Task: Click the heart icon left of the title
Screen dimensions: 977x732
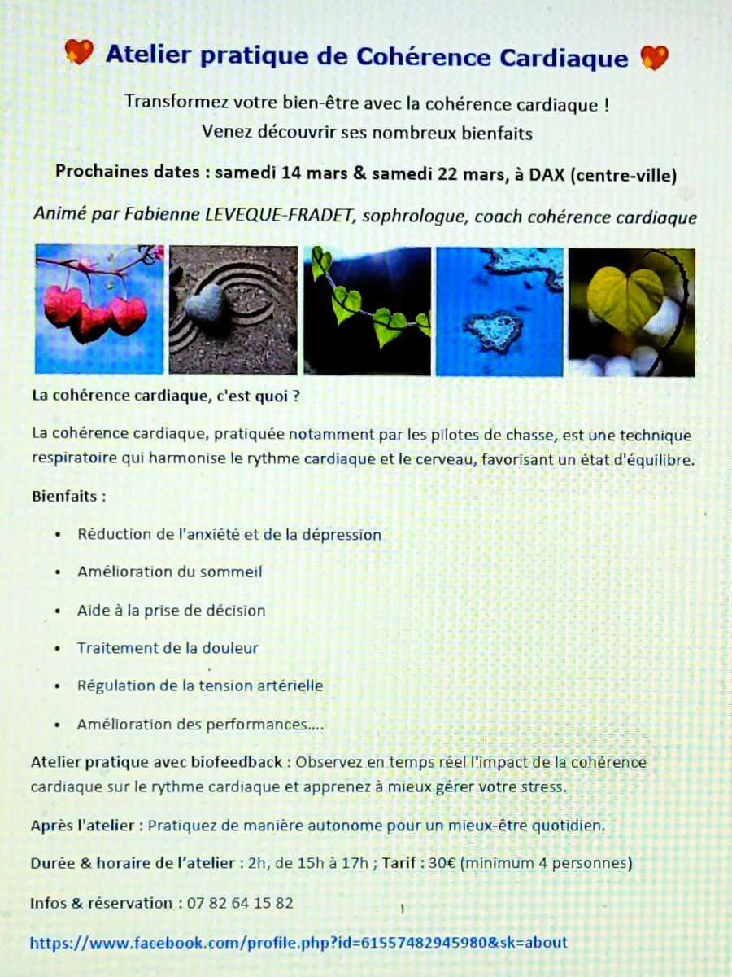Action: (79, 53)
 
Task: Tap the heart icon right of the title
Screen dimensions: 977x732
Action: (654, 57)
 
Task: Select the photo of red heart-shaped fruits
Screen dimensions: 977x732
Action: (99, 309)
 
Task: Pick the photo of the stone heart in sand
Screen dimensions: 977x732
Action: (233, 309)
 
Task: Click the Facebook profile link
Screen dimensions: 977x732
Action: (298, 942)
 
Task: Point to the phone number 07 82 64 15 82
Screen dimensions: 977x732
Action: (241, 903)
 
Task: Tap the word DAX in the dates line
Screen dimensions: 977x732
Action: (548, 173)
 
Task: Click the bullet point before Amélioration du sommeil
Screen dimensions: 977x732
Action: (58, 572)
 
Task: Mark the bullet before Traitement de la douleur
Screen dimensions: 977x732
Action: (58, 649)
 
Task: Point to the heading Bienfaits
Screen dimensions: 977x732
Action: (68, 495)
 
